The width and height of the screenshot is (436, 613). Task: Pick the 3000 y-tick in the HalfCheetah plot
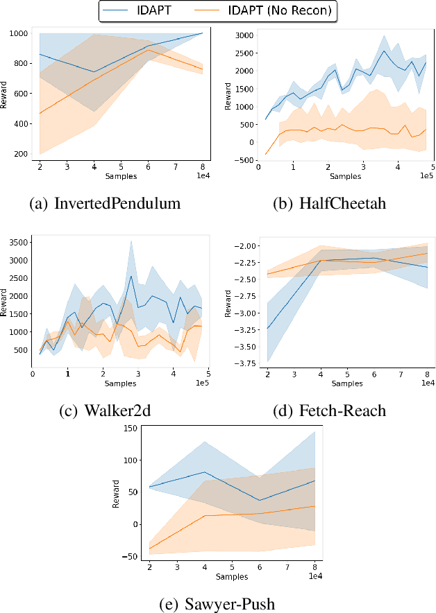click(244, 35)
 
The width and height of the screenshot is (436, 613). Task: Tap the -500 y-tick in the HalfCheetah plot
click(243, 160)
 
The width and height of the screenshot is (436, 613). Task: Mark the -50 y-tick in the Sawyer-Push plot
click(131, 556)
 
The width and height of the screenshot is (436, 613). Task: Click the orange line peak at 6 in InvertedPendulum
click(148, 50)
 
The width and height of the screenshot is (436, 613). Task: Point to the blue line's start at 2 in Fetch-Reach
click(267, 329)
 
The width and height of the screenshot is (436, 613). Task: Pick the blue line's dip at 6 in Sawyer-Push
click(259, 500)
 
